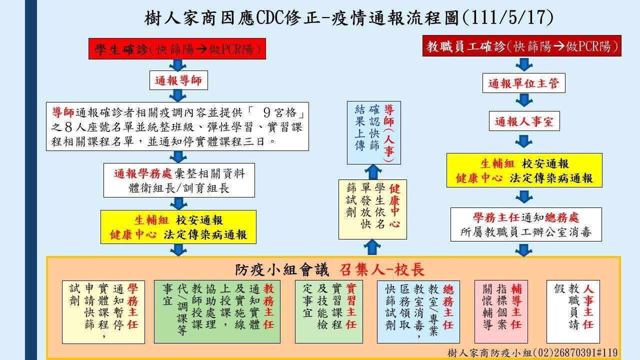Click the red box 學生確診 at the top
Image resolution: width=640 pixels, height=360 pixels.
tap(177, 49)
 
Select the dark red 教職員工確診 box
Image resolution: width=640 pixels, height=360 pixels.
tap(521, 46)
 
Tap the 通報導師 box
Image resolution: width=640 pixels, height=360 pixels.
tap(178, 80)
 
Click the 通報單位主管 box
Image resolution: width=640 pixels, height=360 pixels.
tap(523, 83)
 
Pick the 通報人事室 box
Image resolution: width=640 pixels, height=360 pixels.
tap(524, 121)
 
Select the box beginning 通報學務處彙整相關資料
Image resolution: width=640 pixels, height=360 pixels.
tap(179, 180)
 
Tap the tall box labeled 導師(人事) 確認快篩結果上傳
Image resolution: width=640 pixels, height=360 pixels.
tap(374, 133)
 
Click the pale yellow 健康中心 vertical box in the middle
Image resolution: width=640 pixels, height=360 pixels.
tap(372, 209)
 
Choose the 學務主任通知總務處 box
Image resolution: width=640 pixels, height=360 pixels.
tap(526, 224)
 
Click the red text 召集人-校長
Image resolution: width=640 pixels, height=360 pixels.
tap(382, 269)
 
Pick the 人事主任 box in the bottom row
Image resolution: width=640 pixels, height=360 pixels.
tap(573, 311)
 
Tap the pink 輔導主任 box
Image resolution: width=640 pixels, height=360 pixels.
tap(501, 311)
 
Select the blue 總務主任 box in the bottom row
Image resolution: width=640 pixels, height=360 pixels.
tap(418, 311)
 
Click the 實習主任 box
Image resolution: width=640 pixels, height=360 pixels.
tap(329, 311)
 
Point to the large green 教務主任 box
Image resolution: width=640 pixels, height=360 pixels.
tap(217, 311)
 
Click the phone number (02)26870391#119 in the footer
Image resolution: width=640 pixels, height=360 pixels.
tap(574, 352)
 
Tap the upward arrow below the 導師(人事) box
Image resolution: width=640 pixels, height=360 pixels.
tap(373, 172)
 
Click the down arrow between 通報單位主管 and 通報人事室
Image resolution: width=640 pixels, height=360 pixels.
tap(524, 100)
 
